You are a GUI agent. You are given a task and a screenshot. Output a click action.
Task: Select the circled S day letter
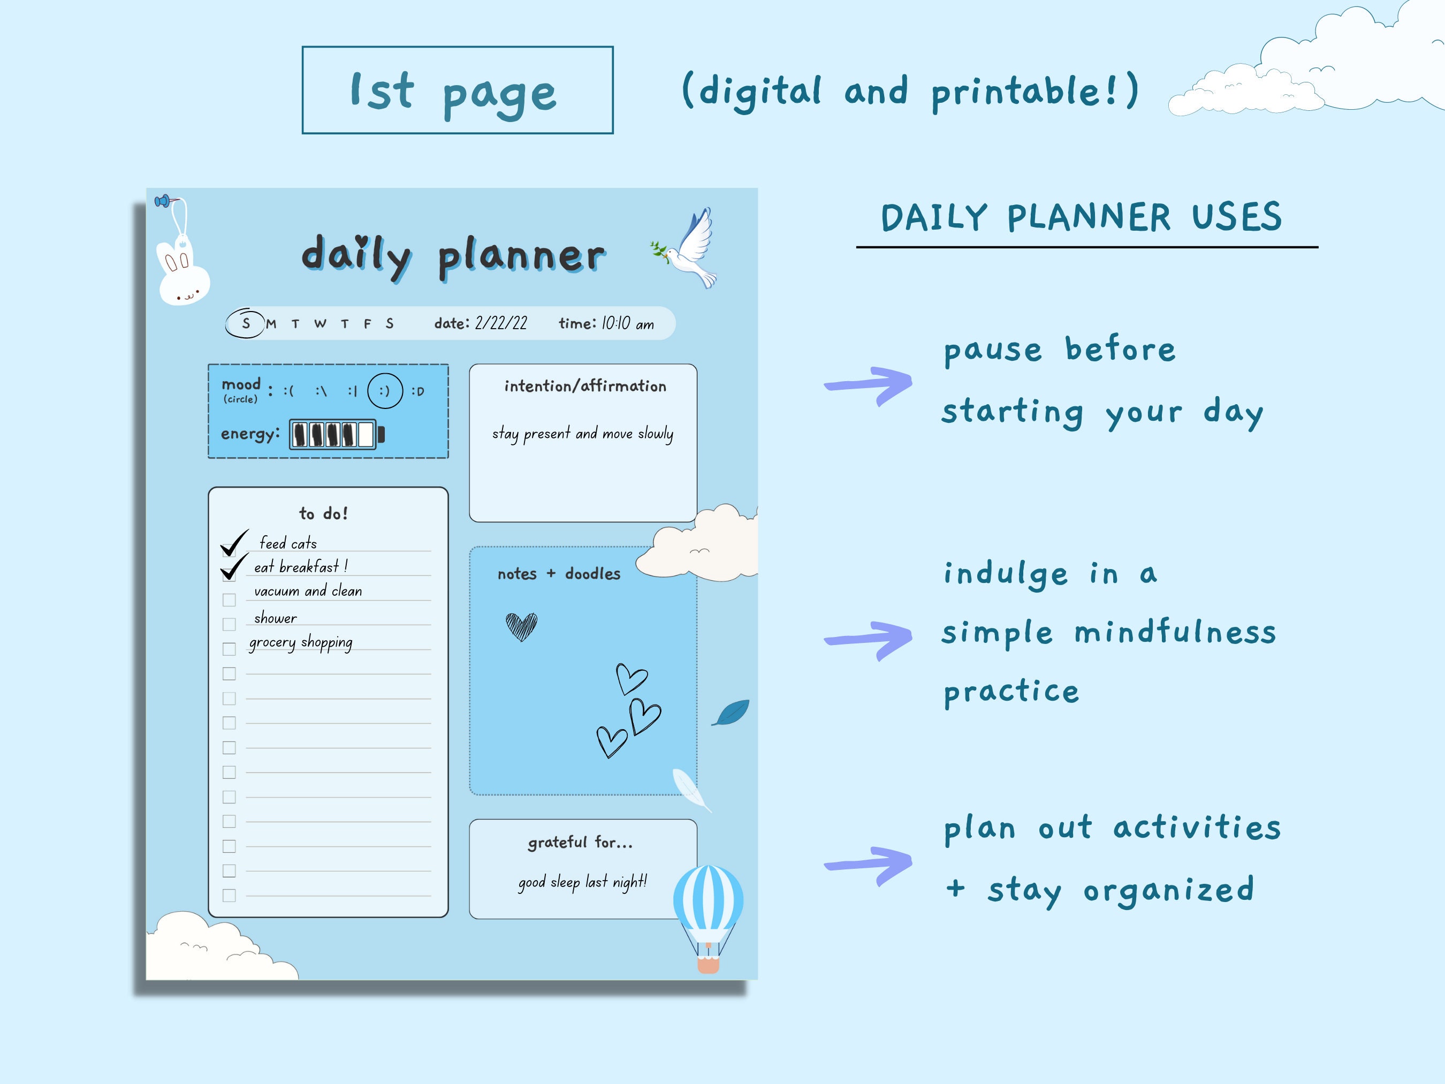(x=246, y=323)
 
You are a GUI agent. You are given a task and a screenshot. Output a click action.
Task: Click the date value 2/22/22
(x=500, y=323)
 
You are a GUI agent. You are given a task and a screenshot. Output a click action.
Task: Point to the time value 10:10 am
(x=627, y=323)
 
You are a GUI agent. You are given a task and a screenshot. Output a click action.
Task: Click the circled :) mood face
(x=385, y=391)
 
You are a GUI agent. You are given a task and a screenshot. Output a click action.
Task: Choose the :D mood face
(x=418, y=391)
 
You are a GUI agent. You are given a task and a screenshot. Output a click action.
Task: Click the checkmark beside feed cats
(x=234, y=542)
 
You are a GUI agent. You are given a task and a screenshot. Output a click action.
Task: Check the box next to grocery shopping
(x=229, y=649)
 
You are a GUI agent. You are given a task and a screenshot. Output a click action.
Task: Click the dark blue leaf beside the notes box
(x=731, y=712)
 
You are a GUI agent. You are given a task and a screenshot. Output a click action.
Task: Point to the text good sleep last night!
(x=582, y=882)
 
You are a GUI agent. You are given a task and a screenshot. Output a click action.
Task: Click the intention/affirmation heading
(x=584, y=386)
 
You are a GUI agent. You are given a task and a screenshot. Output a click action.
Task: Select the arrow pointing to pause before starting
(x=869, y=384)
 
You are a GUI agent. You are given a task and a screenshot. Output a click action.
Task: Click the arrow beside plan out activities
(x=869, y=864)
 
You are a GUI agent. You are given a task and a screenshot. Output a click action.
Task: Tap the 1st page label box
(x=457, y=90)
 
